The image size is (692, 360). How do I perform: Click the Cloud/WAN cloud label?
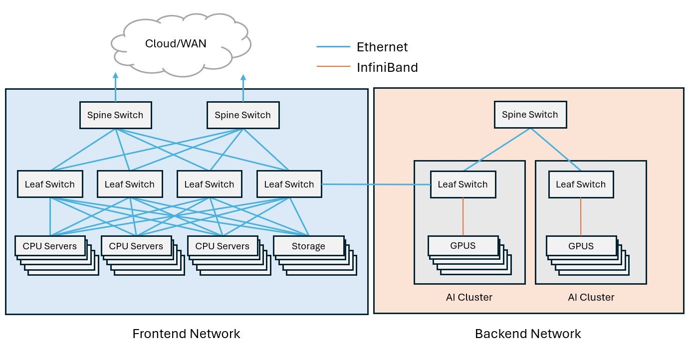click(176, 43)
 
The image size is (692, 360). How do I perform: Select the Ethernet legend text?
click(382, 47)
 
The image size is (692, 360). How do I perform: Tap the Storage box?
click(308, 246)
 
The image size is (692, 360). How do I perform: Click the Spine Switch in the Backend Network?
click(530, 115)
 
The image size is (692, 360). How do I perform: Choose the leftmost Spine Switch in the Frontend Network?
click(116, 115)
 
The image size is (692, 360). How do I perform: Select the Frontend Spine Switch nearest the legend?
click(242, 115)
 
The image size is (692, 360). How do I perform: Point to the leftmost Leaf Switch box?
click(50, 184)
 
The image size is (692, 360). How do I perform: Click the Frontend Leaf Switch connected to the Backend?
click(289, 184)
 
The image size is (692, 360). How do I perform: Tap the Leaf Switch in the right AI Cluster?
click(581, 184)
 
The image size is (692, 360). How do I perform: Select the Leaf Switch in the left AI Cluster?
click(462, 184)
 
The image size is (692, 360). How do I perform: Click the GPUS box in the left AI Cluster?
click(462, 246)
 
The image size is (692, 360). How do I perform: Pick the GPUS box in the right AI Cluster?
click(581, 246)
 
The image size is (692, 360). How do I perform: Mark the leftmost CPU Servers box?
click(50, 246)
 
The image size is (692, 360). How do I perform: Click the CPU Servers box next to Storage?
click(222, 246)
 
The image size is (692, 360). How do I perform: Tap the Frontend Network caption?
click(186, 334)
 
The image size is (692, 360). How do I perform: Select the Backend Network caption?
click(528, 334)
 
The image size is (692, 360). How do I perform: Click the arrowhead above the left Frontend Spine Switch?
click(116, 76)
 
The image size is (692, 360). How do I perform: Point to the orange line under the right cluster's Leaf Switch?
click(581, 216)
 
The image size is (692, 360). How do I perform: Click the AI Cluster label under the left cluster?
click(469, 298)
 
